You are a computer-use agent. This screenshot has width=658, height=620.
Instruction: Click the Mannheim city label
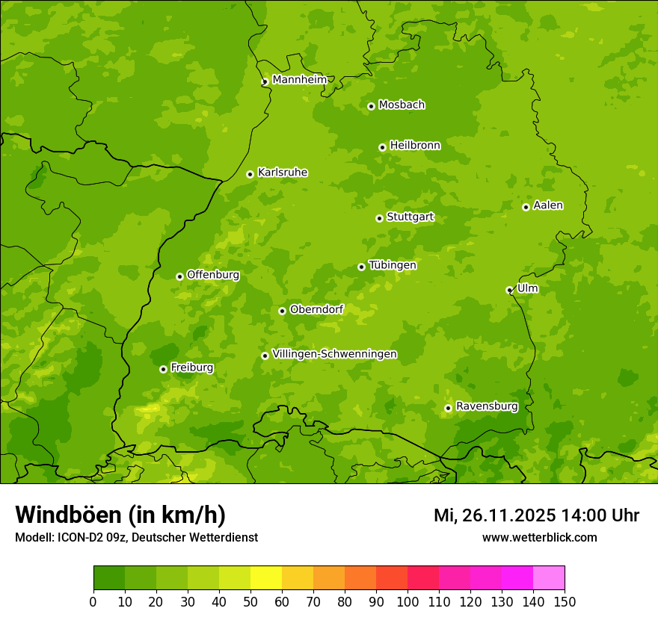point(299,79)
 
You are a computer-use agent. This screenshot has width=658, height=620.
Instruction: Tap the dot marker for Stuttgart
point(379,218)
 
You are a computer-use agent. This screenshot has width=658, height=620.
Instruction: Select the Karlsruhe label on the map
point(283,173)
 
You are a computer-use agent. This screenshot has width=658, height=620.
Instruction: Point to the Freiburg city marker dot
point(163,369)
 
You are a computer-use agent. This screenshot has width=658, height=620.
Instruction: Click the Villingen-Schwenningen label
point(334,354)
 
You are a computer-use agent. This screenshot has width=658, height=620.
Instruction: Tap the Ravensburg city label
point(487,406)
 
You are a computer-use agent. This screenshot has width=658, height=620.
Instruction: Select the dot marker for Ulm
point(509,290)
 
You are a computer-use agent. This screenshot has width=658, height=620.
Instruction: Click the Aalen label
point(548,205)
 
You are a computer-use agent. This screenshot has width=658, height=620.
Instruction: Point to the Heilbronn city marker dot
point(382,147)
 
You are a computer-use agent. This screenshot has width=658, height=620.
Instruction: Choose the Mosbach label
point(402,105)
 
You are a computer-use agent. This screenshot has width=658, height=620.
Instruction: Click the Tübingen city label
point(393,265)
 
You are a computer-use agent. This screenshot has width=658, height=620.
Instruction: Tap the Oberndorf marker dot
point(282,311)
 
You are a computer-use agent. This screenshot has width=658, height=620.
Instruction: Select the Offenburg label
point(213,275)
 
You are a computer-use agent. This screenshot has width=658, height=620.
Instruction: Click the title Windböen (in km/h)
point(120,515)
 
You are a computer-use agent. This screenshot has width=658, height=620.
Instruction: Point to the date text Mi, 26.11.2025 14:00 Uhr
point(536,515)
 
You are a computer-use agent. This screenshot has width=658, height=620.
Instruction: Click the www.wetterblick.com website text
point(539,538)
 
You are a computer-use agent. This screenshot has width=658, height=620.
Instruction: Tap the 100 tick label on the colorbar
point(408,602)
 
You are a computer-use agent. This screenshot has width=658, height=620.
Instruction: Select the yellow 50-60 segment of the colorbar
point(265,578)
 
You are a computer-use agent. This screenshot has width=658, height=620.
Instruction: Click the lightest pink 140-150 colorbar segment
point(549,578)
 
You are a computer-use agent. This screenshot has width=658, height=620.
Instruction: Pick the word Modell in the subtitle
point(33,538)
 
